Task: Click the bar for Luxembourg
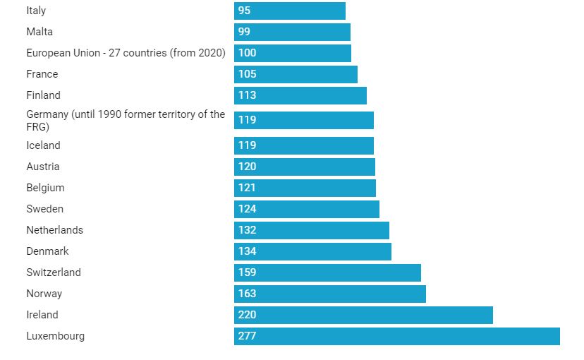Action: pyautogui.click(x=396, y=336)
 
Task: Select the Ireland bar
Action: pyautogui.click(x=363, y=315)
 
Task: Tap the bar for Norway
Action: pyautogui.click(x=329, y=294)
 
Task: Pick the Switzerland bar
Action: pyautogui.click(x=327, y=272)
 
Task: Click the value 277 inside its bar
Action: pyautogui.click(x=247, y=336)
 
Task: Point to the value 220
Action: pyautogui.click(x=247, y=315)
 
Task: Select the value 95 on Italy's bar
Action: pyautogui.click(x=244, y=11)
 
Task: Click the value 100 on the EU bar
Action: pyautogui.click(x=247, y=53)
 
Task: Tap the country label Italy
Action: pyautogui.click(x=36, y=11)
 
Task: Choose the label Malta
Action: pyautogui.click(x=39, y=32)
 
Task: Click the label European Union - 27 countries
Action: pyautogui.click(x=126, y=53)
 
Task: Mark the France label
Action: pyautogui.click(x=42, y=74)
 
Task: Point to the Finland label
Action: pyautogui.click(x=44, y=95)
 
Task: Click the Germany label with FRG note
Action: pyautogui.click(x=126, y=120)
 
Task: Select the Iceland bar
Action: pyautogui.click(x=303, y=145)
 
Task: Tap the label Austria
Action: pyautogui.click(x=43, y=167)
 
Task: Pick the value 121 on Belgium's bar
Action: pyautogui.click(x=247, y=188)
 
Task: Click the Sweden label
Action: pyautogui.click(x=45, y=209)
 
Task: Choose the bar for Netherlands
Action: pyautogui.click(x=311, y=230)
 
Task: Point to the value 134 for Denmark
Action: pyautogui.click(x=247, y=251)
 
